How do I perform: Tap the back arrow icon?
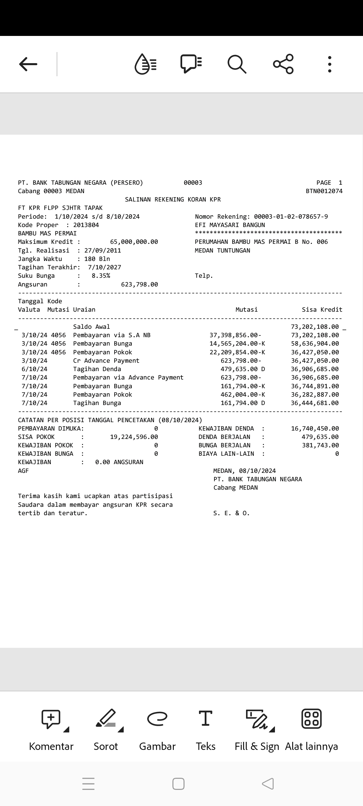tap(28, 64)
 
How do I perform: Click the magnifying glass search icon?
tap(237, 64)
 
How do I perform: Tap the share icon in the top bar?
tap(283, 64)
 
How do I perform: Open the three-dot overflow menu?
tap(329, 64)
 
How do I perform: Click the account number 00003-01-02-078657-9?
tap(291, 217)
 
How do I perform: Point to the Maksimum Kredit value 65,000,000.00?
tap(134, 242)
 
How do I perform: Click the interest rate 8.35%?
tap(101, 276)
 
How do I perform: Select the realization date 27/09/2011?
tap(103, 251)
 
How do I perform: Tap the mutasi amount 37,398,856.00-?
tap(235, 335)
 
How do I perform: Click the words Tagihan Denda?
tap(97, 369)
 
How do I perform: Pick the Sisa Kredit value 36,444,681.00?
tap(315, 403)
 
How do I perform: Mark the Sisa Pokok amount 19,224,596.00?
tap(134, 437)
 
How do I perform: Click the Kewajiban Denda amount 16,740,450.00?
tap(315, 429)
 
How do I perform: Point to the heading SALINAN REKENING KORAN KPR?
tap(173, 199)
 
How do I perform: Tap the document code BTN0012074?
tap(324, 191)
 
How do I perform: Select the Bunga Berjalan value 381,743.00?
tap(320, 445)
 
